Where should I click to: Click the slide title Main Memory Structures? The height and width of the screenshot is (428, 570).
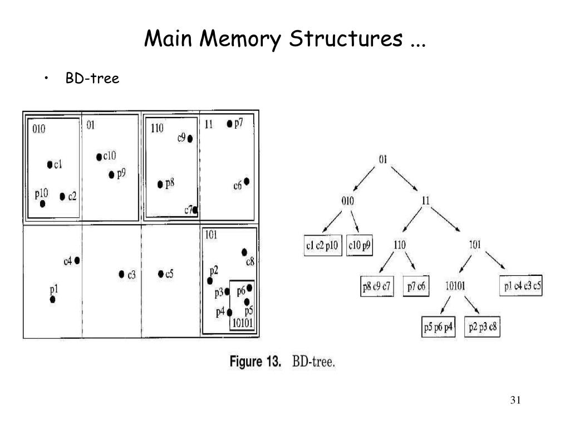point(284,40)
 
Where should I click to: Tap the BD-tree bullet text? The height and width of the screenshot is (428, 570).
point(92,79)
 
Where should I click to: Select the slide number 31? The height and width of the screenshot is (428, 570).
point(515,401)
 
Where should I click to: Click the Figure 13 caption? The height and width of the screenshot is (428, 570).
point(282,362)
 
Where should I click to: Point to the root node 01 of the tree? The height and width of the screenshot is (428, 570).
point(383,159)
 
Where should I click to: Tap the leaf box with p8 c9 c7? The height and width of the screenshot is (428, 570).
point(377,287)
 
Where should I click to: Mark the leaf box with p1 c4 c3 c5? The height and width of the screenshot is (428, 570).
point(521,286)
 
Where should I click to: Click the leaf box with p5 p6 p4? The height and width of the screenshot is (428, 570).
point(438,327)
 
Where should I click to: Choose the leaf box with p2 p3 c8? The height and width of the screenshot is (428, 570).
point(484,327)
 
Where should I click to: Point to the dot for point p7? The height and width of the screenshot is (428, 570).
point(229,124)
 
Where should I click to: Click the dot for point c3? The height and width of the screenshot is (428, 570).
point(121,274)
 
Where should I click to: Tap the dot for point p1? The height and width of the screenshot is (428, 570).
point(53,299)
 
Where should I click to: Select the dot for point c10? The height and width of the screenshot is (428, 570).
point(99,157)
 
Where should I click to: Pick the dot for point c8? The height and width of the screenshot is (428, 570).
point(244,252)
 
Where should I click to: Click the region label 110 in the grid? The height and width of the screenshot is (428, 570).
point(158,129)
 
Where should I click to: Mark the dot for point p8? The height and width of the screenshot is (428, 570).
point(160,184)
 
